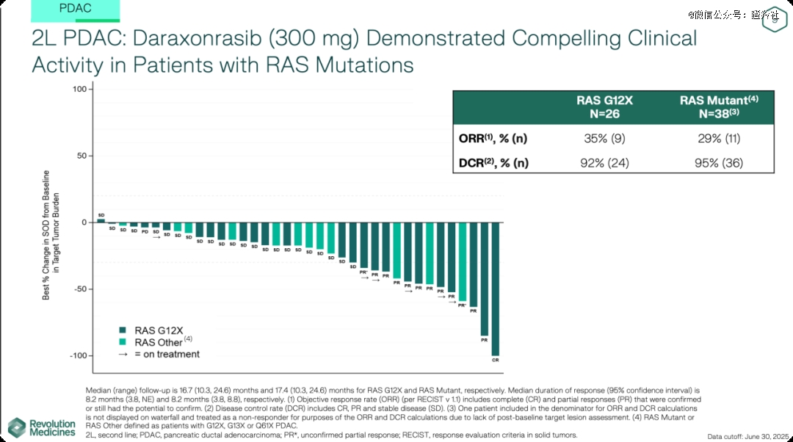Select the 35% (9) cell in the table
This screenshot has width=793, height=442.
(x=604, y=137)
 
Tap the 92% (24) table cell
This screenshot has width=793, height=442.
(x=604, y=163)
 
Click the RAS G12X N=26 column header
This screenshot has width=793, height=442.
(x=604, y=107)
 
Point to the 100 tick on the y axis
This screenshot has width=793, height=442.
(x=79, y=90)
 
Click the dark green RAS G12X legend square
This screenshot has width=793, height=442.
(x=123, y=330)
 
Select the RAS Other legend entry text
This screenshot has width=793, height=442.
(x=158, y=342)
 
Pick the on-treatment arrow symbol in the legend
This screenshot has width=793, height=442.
(x=123, y=355)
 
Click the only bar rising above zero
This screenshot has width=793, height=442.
(x=101, y=220)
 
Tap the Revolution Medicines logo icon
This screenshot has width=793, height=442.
(x=17, y=427)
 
